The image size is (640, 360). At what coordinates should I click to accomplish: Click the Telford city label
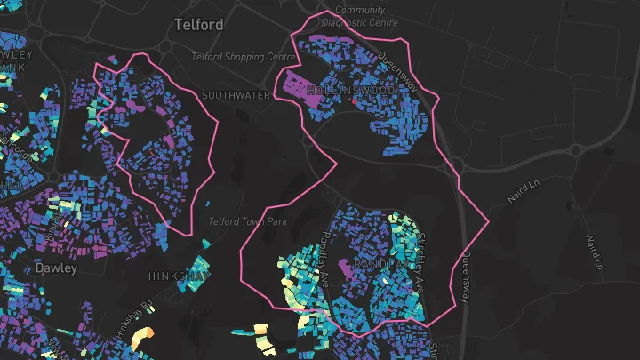(199, 25)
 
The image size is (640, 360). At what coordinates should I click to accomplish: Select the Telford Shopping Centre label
(244, 57)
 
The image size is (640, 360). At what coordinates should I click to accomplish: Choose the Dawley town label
(56, 268)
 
